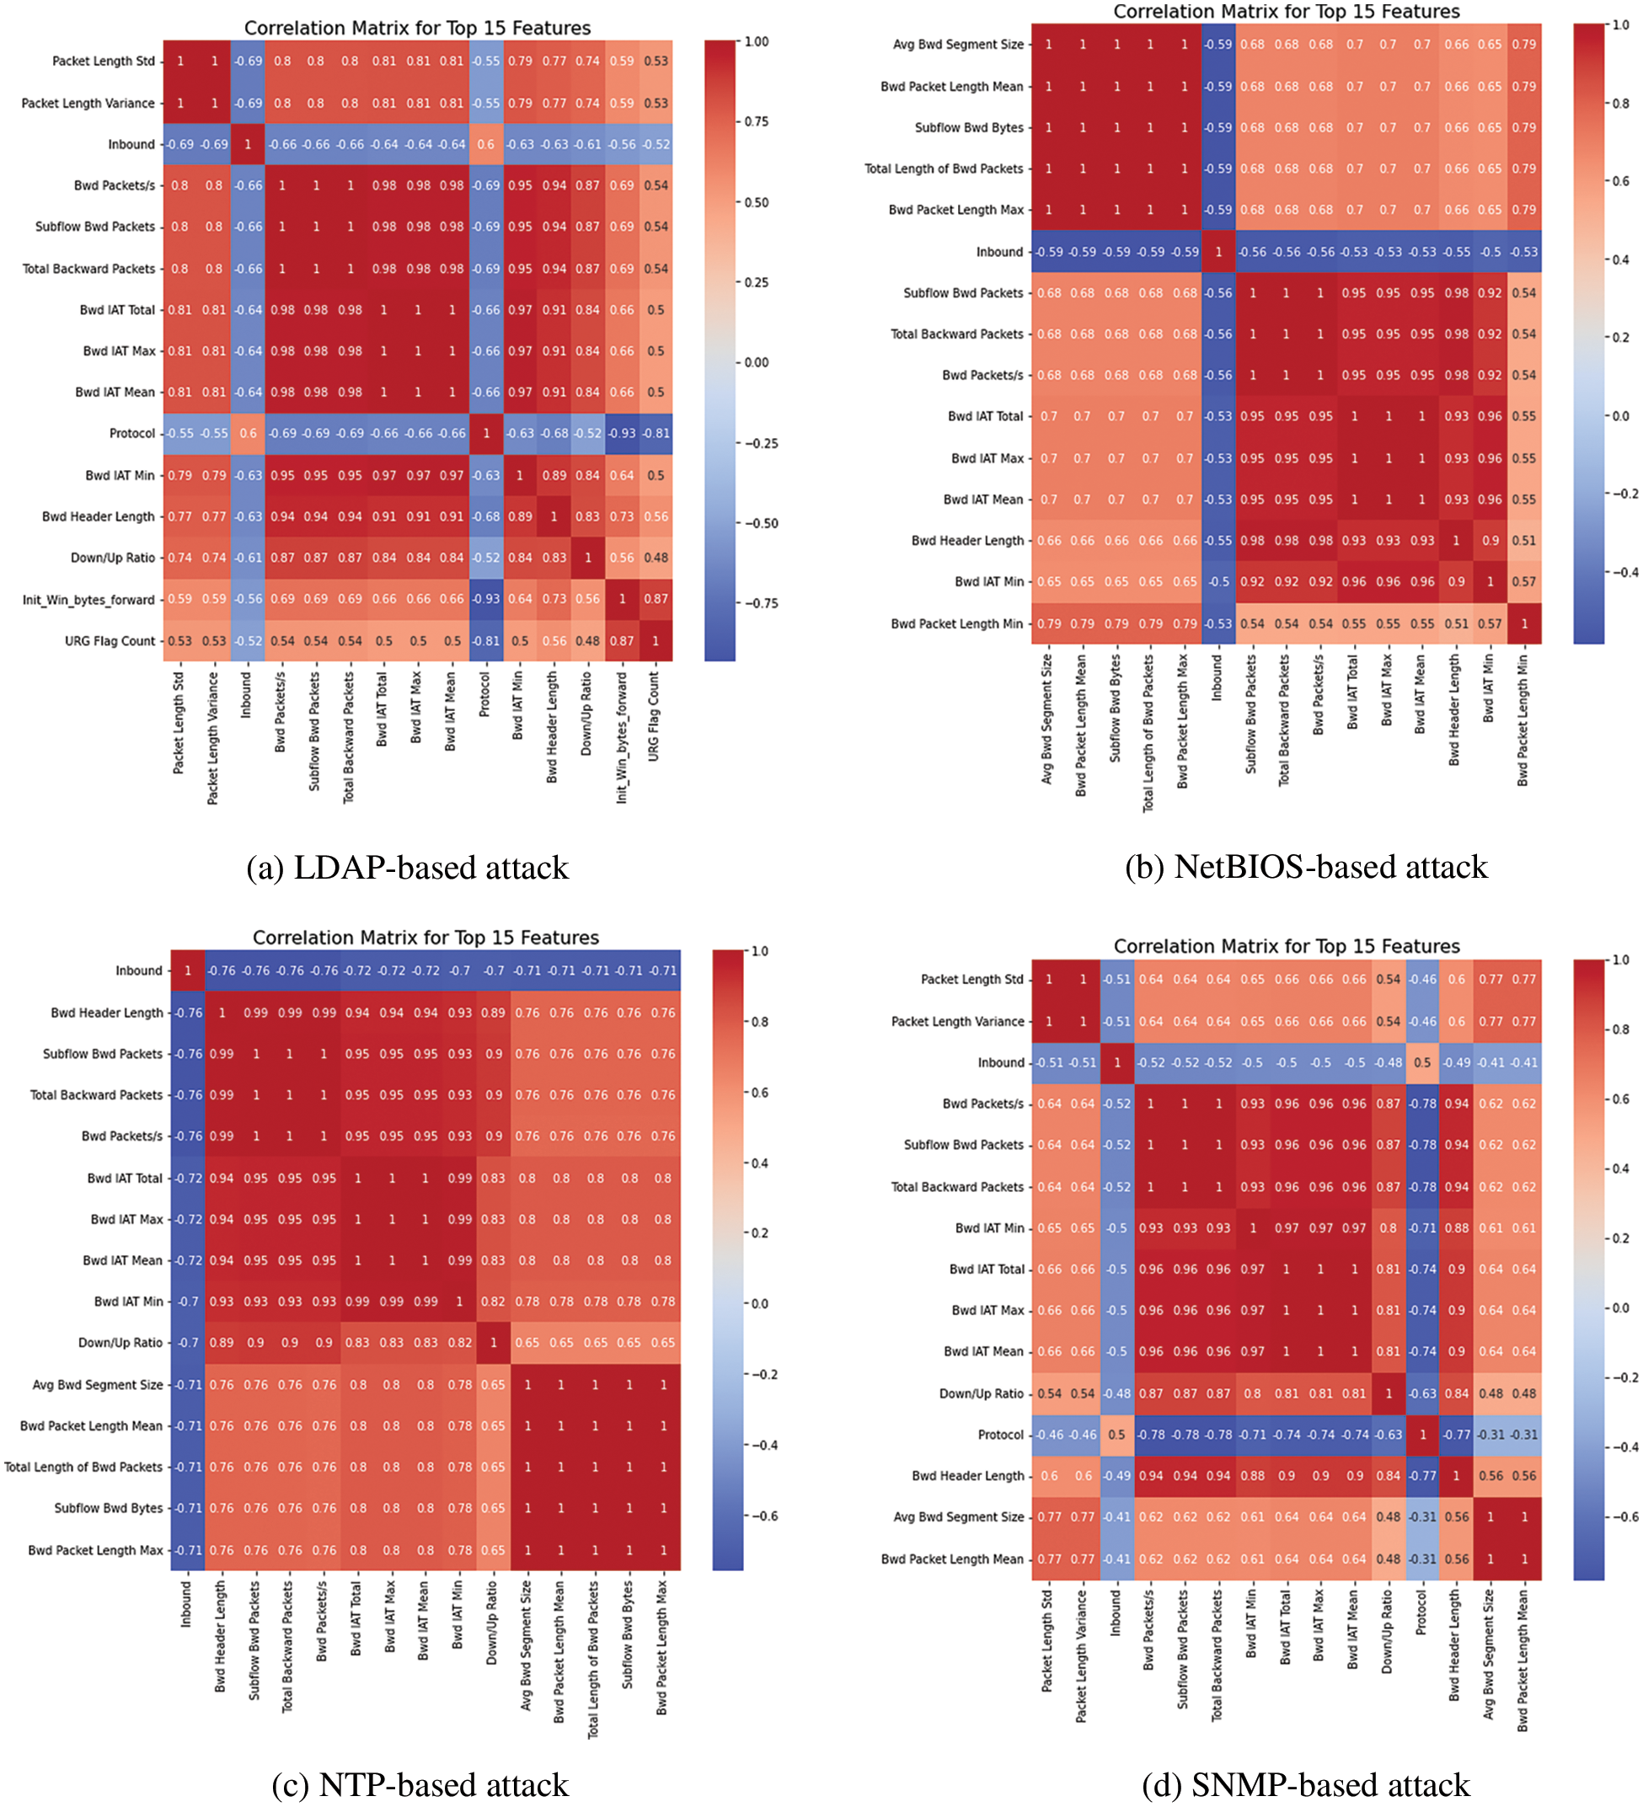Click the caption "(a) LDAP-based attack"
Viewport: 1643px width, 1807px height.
tap(407, 868)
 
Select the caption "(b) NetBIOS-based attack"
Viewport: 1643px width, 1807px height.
tap(1306, 867)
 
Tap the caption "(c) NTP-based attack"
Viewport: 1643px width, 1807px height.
tap(420, 1784)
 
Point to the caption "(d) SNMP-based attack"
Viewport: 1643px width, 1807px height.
tap(1306, 1784)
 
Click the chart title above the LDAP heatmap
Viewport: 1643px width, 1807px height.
tap(417, 28)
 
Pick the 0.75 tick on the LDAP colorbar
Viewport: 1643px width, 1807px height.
tap(757, 122)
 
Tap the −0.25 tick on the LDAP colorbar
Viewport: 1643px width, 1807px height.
tap(760, 444)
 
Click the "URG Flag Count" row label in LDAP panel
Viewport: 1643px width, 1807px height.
tap(110, 641)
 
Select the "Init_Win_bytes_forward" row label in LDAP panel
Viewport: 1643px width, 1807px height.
tap(88, 600)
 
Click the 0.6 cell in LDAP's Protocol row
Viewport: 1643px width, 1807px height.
tap(249, 434)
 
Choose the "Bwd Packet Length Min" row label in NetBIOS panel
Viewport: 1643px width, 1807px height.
tap(956, 624)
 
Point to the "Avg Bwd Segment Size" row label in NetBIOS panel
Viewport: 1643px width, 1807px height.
tap(957, 45)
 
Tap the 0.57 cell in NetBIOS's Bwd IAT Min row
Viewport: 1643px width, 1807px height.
tap(1524, 582)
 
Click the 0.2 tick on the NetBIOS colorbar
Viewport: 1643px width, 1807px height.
tap(1620, 338)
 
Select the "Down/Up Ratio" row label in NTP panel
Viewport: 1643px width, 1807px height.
tap(120, 1343)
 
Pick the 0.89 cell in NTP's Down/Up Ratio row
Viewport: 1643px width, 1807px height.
tap(222, 1343)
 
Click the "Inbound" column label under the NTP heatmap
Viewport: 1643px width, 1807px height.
tap(186, 1605)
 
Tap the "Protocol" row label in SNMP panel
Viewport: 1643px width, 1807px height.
tap(1000, 1435)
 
